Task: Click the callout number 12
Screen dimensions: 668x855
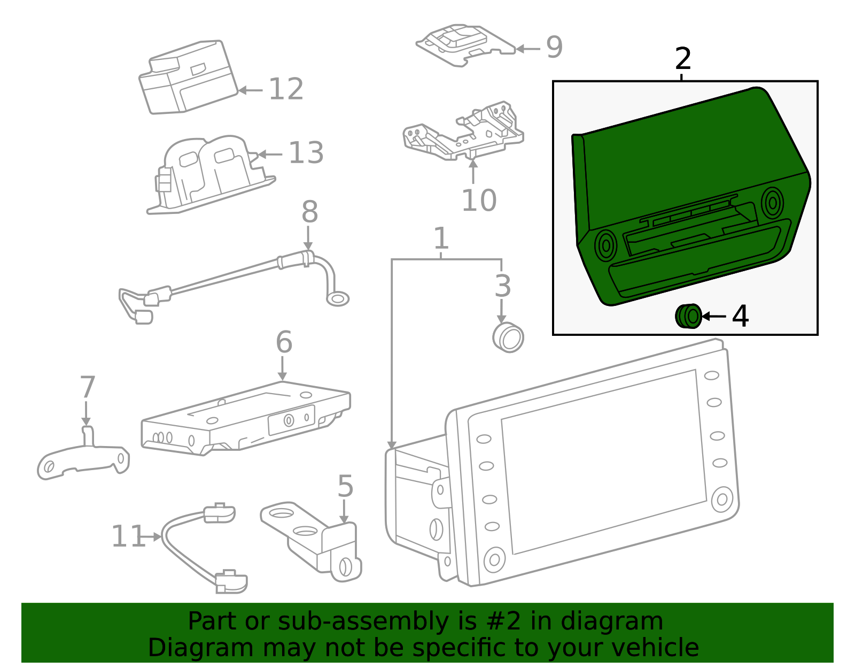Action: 286,89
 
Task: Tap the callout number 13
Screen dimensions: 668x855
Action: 306,153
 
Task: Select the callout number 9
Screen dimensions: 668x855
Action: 554,48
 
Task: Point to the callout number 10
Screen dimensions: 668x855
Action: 479,201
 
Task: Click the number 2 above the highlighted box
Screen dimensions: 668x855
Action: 683,59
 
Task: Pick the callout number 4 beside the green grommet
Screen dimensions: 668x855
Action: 740,317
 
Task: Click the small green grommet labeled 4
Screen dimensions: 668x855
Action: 689,316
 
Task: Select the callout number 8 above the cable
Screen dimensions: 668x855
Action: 309,212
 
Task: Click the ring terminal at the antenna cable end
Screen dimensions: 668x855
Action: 338,298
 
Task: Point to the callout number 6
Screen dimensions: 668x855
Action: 284,342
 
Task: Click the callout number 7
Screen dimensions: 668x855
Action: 87,388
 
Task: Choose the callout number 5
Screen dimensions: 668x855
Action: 345,487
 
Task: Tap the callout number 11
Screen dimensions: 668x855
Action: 128,536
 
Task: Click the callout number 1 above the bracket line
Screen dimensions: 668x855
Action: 441,239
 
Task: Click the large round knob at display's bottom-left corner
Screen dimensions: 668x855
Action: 494,560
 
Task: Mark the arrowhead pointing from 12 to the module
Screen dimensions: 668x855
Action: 242,90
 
